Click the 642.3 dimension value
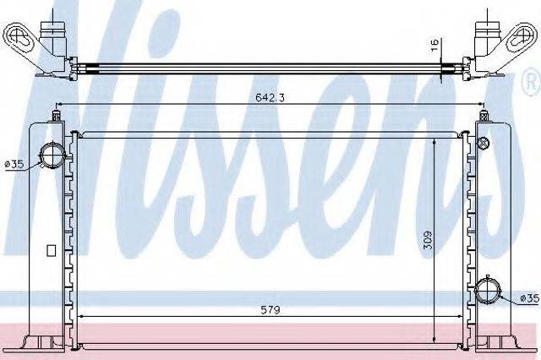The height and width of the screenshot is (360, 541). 270,97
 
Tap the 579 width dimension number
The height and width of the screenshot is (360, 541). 270,309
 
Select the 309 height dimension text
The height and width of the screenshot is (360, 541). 427,240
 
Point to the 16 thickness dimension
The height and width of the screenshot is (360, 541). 434,45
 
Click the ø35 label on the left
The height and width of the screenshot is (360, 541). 14,165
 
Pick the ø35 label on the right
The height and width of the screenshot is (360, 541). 529,298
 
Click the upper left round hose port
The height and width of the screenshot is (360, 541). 52,155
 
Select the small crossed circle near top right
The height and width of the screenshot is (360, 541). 484,142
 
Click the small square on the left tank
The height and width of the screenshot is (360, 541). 51,250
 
